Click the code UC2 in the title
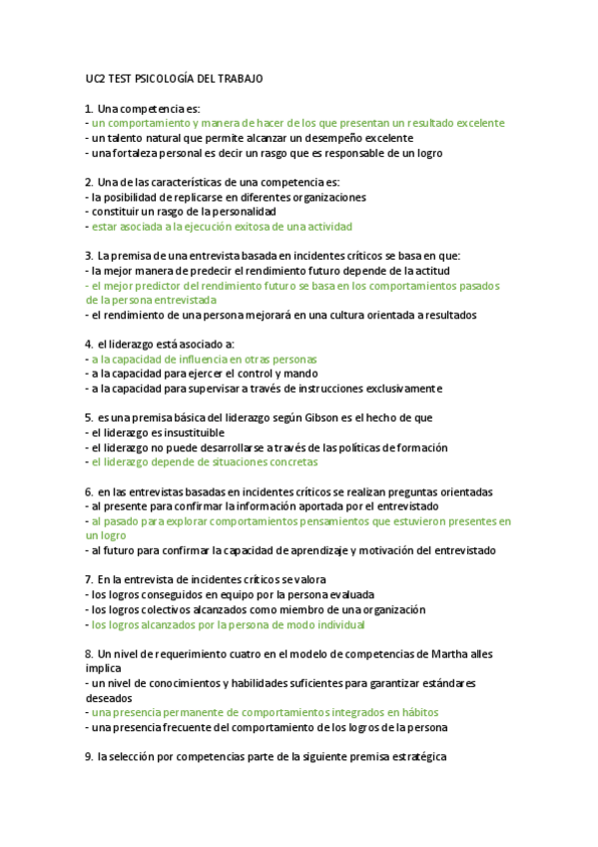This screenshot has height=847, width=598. click(x=96, y=78)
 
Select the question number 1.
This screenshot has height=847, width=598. click(x=89, y=108)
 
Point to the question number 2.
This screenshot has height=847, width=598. click(x=89, y=183)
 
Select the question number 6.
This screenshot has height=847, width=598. click(x=89, y=491)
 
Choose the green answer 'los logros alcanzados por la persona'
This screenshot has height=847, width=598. click(x=228, y=625)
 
